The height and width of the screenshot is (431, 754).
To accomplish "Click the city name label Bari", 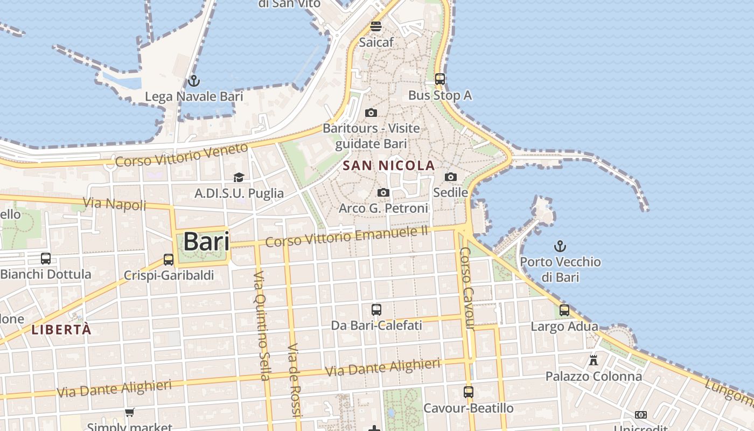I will tap(206, 241).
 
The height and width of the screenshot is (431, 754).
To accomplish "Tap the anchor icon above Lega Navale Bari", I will tap(194, 81).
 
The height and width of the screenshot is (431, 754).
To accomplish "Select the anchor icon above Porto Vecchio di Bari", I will tap(560, 246).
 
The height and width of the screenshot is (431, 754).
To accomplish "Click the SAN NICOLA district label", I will tap(389, 165).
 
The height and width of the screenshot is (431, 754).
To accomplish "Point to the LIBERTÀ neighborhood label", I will tap(61, 330).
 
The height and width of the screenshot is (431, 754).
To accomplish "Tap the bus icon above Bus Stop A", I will tap(439, 79).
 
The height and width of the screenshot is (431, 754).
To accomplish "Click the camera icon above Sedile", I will tap(450, 177).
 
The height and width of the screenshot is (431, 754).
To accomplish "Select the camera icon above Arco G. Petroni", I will tap(383, 192).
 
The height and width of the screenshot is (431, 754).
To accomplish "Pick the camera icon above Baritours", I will tap(371, 113).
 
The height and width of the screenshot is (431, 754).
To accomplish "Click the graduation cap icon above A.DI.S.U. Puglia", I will tap(239, 177).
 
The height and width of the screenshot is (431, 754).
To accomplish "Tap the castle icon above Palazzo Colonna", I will tap(594, 360).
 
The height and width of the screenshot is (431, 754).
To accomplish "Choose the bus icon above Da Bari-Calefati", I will tap(376, 310).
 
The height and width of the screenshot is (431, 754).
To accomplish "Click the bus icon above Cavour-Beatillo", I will tap(469, 392).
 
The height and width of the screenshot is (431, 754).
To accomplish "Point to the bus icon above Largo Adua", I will tap(564, 310).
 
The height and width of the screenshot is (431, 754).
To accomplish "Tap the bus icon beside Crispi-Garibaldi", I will tap(169, 260).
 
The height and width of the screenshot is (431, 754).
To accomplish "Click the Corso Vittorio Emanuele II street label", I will tap(347, 237).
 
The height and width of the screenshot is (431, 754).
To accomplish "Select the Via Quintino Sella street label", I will tap(261, 326).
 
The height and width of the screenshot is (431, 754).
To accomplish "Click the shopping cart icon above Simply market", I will tap(129, 413).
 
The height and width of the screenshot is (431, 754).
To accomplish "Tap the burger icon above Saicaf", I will tap(376, 26).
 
